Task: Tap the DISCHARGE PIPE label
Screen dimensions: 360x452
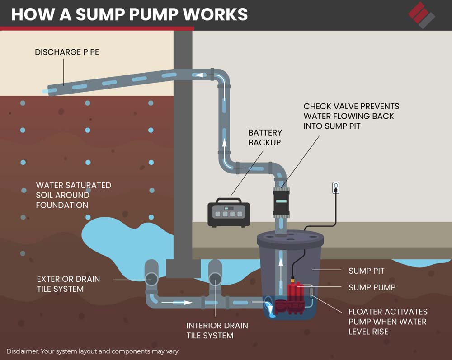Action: click(x=67, y=52)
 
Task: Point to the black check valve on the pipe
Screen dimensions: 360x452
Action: click(x=281, y=203)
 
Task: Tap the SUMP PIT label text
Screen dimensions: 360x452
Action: click(x=367, y=271)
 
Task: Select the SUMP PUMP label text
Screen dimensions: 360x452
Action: click(x=372, y=287)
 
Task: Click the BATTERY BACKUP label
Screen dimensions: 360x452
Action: click(x=265, y=137)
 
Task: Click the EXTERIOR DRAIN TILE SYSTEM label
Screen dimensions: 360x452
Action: click(x=68, y=284)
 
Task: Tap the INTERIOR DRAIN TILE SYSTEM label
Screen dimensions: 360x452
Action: click(x=217, y=330)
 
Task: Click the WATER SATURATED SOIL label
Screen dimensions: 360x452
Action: click(x=73, y=195)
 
